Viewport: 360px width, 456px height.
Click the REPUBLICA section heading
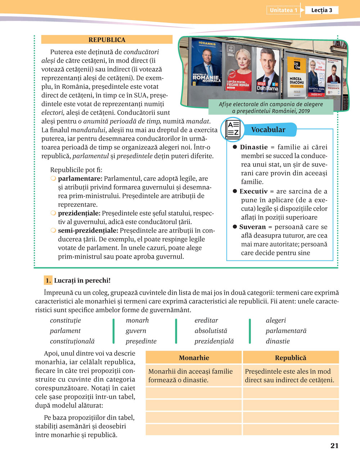coord(107,40)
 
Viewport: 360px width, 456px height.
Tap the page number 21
coord(334,446)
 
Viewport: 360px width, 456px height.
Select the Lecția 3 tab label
coord(321,10)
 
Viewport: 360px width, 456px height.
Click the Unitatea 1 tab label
coord(283,10)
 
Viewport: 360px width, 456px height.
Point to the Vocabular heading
coord(268,130)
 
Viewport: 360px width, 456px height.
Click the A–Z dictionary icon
coord(233,130)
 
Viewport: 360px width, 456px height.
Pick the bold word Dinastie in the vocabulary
coord(254,147)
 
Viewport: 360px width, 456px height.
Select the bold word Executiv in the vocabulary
coord(253,191)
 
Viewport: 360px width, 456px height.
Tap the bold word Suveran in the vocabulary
coord(252,227)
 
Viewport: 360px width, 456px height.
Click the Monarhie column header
coord(194,358)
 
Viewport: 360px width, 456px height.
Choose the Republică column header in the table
coord(291,358)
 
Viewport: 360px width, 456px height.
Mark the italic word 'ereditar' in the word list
coord(206,320)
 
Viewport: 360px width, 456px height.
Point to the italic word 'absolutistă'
coord(211,331)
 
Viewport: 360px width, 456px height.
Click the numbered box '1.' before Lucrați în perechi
coord(48,281)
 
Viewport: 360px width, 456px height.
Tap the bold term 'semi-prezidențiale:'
coord(88,231)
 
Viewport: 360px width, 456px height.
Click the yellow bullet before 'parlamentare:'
coord(53,179)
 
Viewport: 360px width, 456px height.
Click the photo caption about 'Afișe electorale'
coord(271,108)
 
